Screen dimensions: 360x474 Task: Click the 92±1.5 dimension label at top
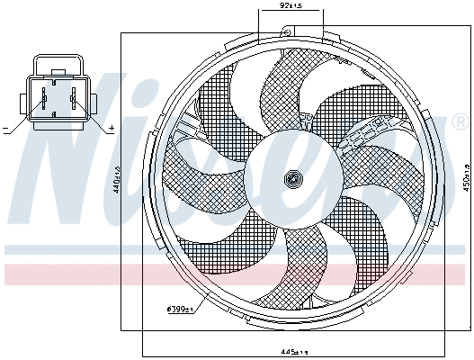[x=291, y=6]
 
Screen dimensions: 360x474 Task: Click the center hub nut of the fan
[x=291, y=179]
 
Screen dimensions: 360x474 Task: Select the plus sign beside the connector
[x=111, y=130]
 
